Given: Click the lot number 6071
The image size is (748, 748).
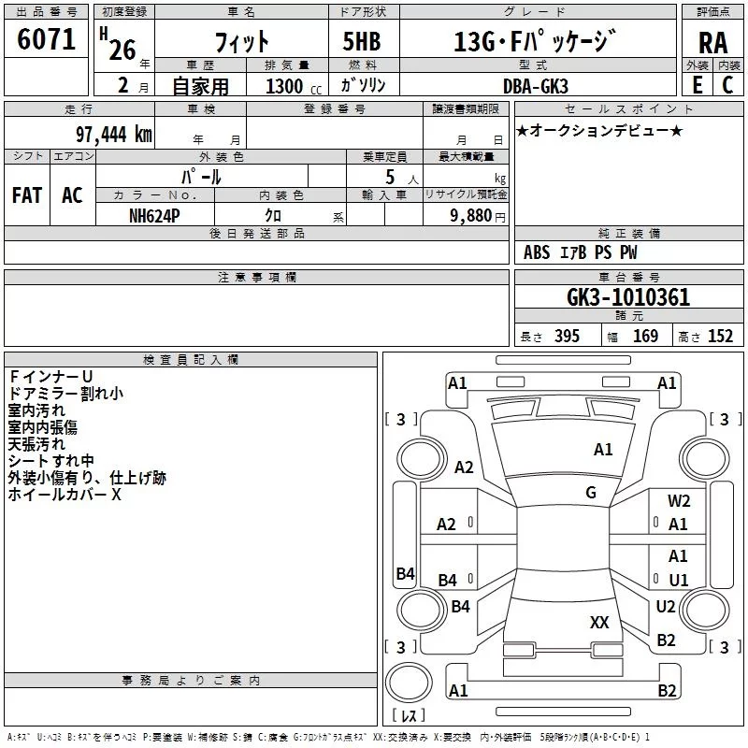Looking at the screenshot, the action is tap(47, 40).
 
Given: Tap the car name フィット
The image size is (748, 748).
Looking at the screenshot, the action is tap(242, 41).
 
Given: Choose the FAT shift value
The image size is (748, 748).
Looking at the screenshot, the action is tap(26, 194).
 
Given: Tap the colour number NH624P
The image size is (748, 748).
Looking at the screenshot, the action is tap(154, 214).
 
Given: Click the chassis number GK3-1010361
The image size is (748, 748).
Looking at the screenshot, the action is tap(628, 297).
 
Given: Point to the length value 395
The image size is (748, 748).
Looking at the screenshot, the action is tap(566, 337).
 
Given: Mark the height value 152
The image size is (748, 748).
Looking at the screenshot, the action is tap(719, 337).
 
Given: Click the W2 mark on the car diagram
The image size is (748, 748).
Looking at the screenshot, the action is tap(679, 501).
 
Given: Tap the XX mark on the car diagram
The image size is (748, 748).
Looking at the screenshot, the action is tap(599, 622).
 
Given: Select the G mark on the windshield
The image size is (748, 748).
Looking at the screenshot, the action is tap(591, 492).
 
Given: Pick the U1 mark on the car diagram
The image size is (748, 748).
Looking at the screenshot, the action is tap(679, 580).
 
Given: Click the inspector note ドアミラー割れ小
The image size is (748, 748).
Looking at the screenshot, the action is tap(65, 394).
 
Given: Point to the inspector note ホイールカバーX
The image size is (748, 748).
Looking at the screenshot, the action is tap(65, 495).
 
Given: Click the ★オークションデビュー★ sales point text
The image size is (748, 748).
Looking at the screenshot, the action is tap(599, 130).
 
